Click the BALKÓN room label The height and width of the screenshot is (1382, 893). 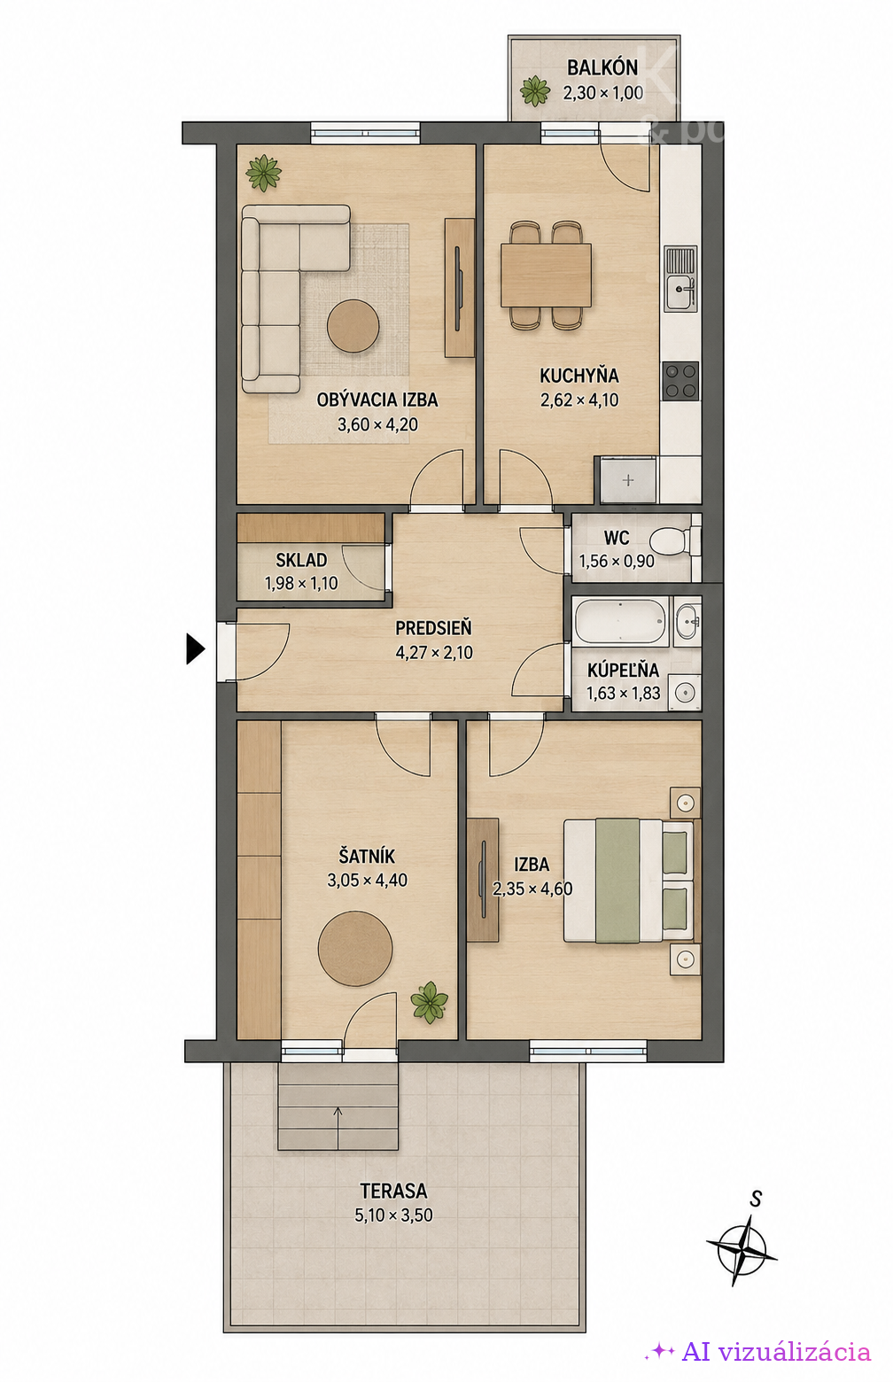602,67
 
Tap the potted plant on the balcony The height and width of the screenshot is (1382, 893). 534,91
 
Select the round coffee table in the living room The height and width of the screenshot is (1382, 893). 353,326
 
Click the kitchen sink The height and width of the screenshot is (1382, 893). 681,279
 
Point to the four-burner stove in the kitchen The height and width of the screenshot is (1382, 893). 681,381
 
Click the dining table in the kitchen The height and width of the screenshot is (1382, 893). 547,276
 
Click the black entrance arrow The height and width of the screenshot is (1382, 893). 195,648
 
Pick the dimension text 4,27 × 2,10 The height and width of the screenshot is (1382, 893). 434,653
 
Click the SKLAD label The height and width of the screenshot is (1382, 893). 301,560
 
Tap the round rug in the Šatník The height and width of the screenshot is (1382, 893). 355,950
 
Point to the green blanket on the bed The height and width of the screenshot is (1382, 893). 617,881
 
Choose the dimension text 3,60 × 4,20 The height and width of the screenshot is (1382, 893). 377,424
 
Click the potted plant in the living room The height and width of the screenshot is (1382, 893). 263,172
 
